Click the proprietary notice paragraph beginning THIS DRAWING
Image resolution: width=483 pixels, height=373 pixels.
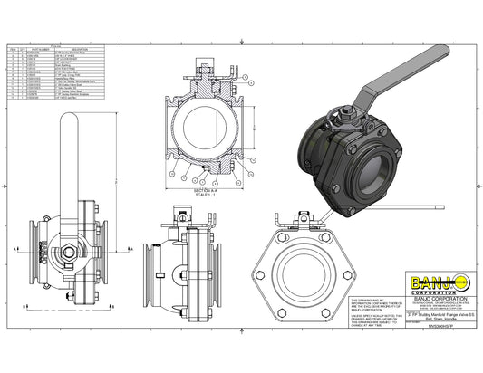[x=372, y=302]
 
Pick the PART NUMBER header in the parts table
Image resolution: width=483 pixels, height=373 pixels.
[x=39, y=49]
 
